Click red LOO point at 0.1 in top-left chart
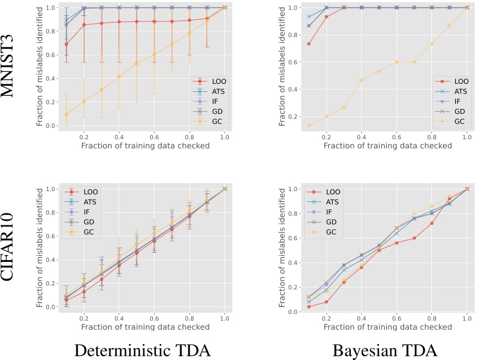click(67, 44)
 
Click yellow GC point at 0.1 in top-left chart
click(67, 114)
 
